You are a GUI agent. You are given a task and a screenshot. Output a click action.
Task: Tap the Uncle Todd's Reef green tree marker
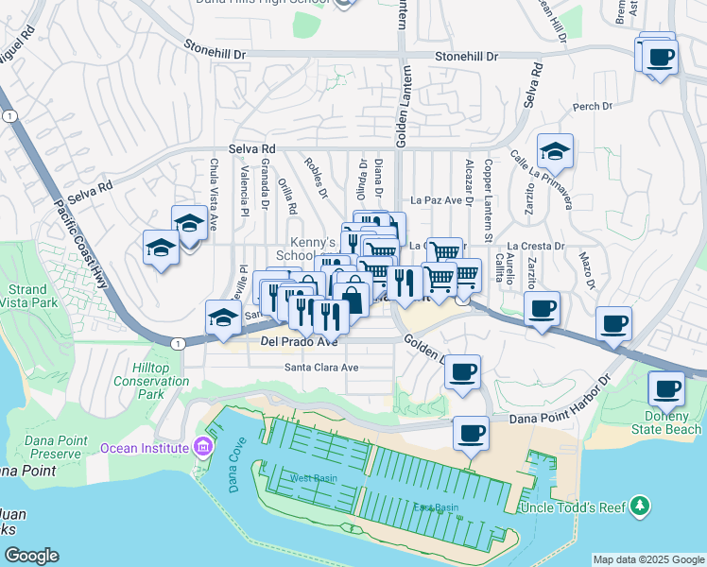[x=640, y=507]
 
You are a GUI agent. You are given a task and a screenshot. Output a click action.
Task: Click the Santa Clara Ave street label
[x=321, y=368]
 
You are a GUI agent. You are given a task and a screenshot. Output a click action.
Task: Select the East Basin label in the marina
[x=436, y=507]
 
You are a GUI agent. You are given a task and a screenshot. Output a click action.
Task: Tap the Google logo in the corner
[x=31, y=556]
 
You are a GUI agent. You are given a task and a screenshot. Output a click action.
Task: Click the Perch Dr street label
[x=593, y=107]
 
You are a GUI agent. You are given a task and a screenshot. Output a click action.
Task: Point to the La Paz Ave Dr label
[x=441, y=200]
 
